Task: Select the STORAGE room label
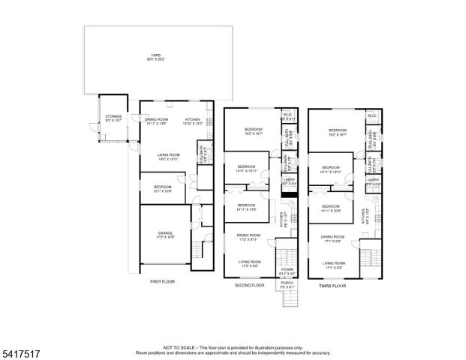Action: [113, 116]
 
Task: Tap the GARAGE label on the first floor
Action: [165, 232]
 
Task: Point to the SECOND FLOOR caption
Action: [249, 286]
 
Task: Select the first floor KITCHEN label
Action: [193, 119]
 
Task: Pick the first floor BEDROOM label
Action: [163, 187]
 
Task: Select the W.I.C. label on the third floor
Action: [371, 115]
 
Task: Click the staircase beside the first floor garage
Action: [200, 250]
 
